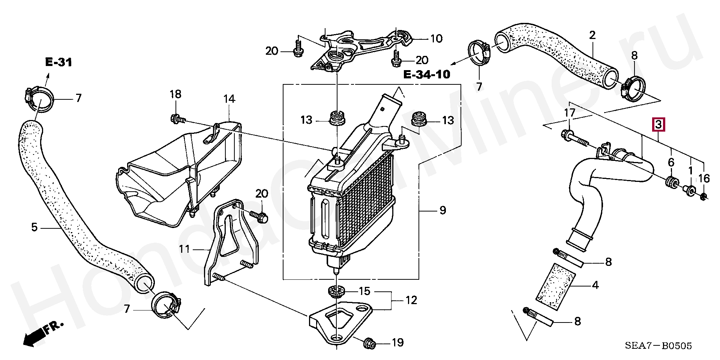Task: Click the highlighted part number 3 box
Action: (659, 124)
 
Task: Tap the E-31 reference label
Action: (58, 62)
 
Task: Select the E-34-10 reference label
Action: (427, 75)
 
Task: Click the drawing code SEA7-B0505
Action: (658, 346)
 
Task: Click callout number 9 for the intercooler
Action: (442, 210)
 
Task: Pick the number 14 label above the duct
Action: (229, 99)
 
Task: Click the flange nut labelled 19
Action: (369, 343)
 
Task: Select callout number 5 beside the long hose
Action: (34, 227)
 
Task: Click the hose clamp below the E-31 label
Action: (40, 99)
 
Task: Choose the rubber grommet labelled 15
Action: (336, 291)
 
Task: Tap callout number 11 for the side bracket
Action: (184, 249)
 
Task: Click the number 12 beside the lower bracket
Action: (411, 300)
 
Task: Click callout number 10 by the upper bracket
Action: (436, 39)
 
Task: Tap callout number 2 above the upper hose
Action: (592, 35)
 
